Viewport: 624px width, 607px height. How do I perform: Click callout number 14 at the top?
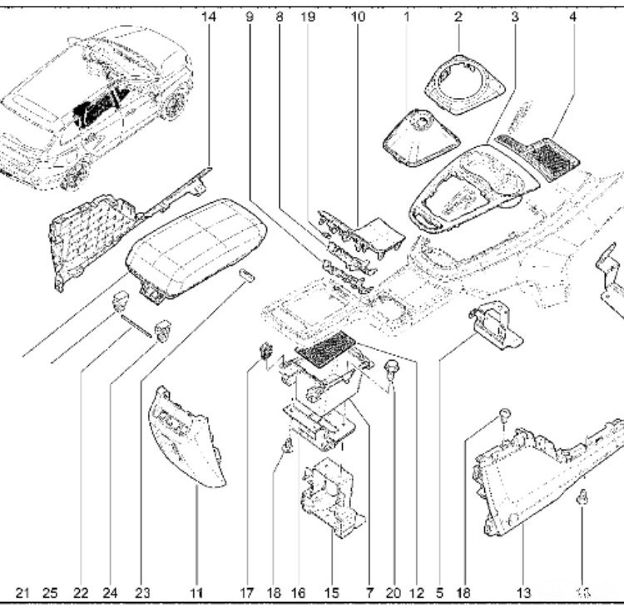tap(207, 15)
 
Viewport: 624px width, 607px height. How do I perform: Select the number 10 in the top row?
tap(358, 15)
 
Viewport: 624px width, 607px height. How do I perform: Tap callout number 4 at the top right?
tap(572, 15)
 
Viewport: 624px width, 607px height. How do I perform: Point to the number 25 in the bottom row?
tap(50, 593)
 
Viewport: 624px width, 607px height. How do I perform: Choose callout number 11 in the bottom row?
tap(196, 593)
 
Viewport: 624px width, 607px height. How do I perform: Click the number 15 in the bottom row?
tap(332, 593)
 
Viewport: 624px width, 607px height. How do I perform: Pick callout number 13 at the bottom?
tap(523, 593)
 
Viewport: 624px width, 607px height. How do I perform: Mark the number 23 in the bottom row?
tap(142, 593)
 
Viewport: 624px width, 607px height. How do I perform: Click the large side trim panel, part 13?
tap(532, 482)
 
